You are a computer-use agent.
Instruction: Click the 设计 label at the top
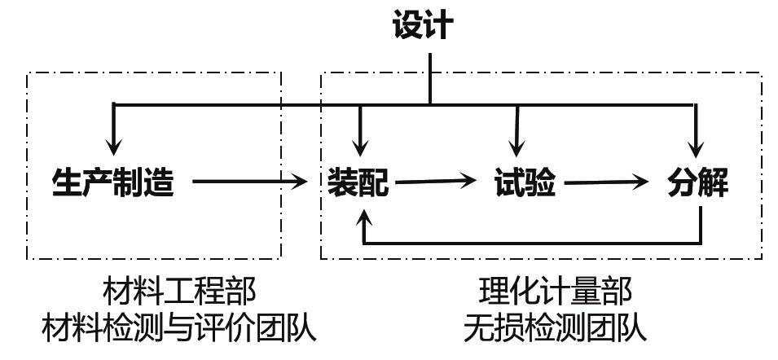pyautogui.click(x=421, y=26)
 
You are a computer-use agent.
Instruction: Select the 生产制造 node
pyautogui.click(x=113, y=182)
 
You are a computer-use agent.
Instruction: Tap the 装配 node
pyautogui.click(x=358, y=183)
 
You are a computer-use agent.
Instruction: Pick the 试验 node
pyautogui.click(x=524, y=183)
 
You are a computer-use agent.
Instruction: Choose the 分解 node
pyautogui.click(x=697, y=183)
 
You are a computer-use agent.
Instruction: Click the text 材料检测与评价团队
pyautogui.click(x=178, y=328)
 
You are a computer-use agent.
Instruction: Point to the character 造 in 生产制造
pyautogui.click(x=160, y=182)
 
